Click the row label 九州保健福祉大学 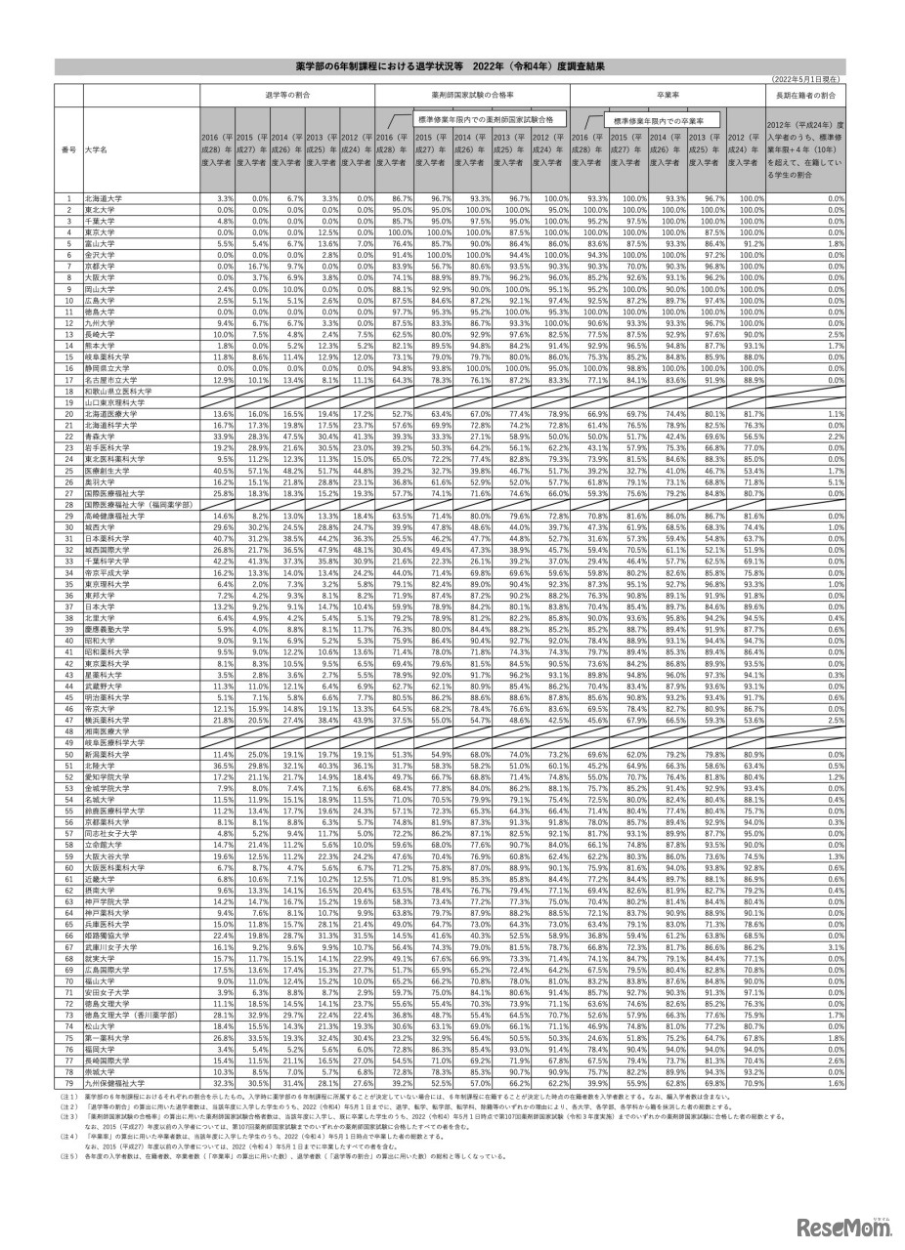point(112,1083)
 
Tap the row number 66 point(69,936)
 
